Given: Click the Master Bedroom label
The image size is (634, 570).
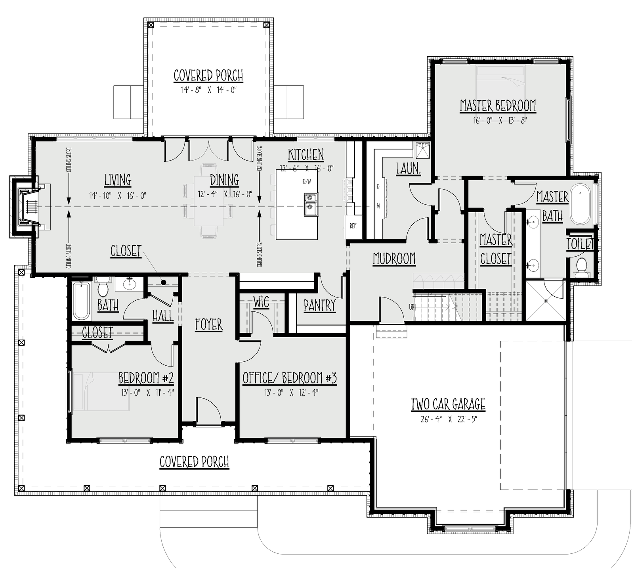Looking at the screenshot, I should coord(498,106).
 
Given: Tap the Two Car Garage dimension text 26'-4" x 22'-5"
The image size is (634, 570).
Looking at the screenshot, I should coord(449,419).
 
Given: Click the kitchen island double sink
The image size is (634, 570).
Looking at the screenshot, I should coord(311,204).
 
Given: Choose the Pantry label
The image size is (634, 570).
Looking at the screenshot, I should coord(319,305).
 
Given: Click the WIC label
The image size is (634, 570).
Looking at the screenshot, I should coord(261,302).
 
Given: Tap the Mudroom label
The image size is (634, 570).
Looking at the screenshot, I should coord(394,259).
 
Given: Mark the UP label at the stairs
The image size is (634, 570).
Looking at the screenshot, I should coord(412,307).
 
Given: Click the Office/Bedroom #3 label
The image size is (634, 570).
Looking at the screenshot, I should coord(290,378).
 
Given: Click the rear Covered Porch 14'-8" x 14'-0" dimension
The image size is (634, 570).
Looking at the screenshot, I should coord(208,90).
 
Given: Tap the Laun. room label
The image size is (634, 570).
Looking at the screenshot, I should coord(408,168).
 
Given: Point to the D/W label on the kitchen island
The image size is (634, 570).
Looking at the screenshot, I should coord(307,182).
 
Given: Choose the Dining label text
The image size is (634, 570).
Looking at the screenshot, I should coord(224,180).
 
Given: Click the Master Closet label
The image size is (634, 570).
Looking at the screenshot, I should coord(495,249).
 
